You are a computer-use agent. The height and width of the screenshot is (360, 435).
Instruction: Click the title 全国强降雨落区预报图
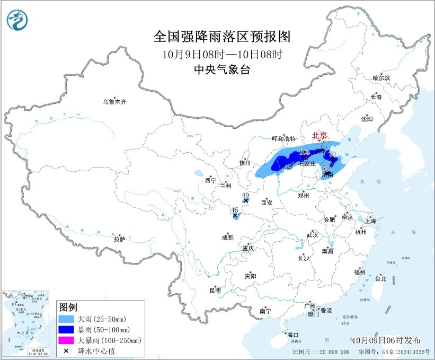(x=222, y=37)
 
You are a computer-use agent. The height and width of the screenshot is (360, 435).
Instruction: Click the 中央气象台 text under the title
(x=222, y=69)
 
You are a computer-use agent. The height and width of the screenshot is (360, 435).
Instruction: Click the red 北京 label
(x=319, y=135)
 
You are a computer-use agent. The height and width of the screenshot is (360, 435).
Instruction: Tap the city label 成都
(x=227, y=238)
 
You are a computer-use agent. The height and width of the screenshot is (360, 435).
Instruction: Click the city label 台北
(x=380, y=278)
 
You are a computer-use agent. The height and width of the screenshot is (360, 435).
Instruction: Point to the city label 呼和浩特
(x=284, y=138)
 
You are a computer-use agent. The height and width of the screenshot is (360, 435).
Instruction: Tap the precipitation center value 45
(x=234, y=210)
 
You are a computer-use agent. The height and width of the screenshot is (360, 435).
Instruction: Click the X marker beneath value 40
(x=246, y=200)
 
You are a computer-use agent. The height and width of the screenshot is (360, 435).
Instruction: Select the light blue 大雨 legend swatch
(x=67, y=320)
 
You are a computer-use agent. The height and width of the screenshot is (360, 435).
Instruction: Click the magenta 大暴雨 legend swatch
(x=67, y=340)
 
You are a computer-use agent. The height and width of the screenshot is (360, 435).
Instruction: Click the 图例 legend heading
(x=68, y=308)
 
